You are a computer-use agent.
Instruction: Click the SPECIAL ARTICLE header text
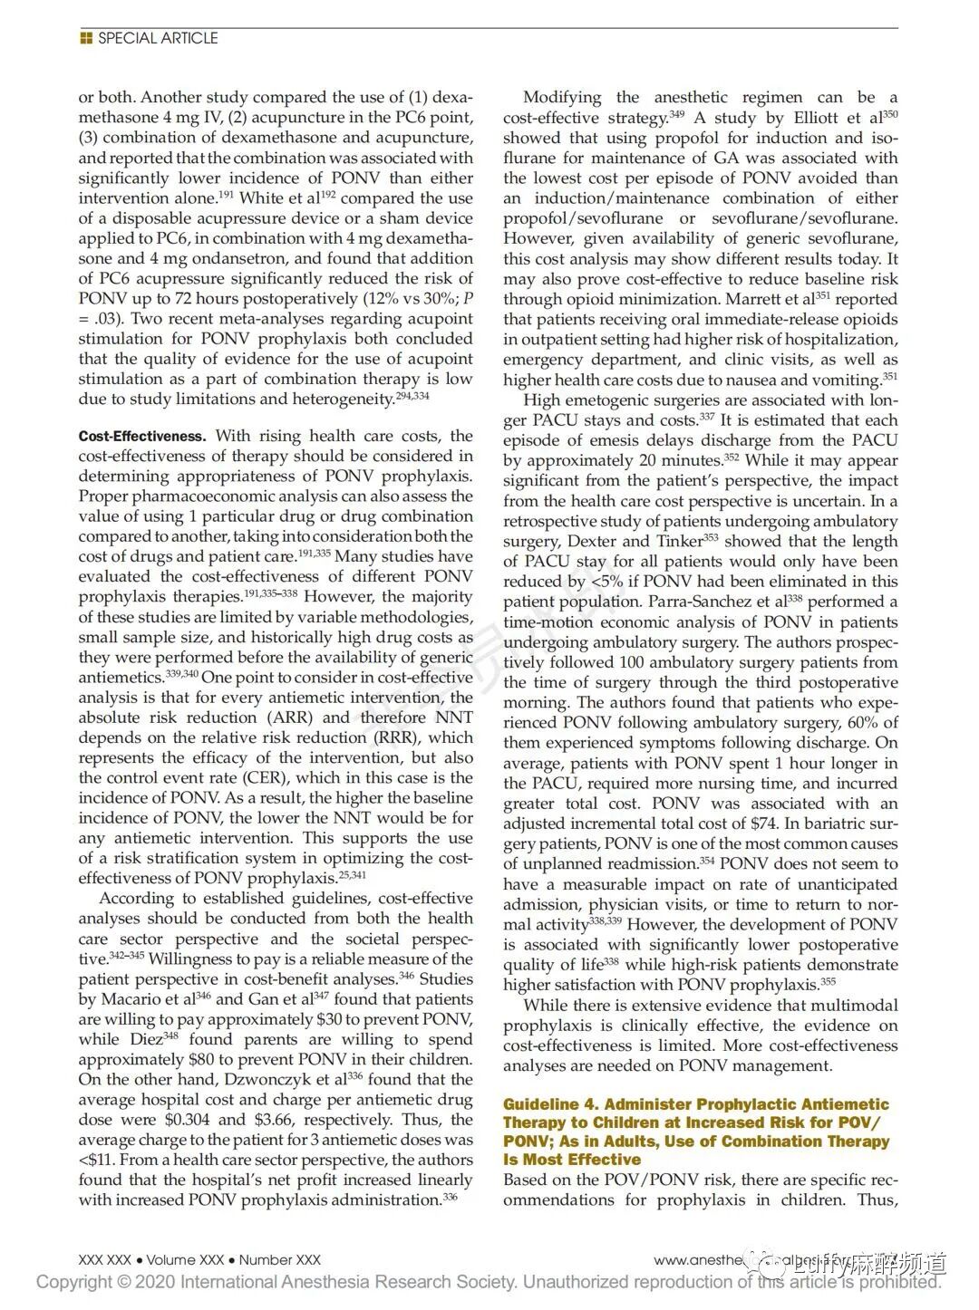pos(158,38)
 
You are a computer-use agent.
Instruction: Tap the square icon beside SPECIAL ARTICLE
pos(86,38)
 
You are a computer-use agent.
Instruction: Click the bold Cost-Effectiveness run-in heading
pos(142,437)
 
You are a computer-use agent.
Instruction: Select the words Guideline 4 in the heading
pos(549,1104)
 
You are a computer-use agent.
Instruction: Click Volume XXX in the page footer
pos(182,1259)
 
